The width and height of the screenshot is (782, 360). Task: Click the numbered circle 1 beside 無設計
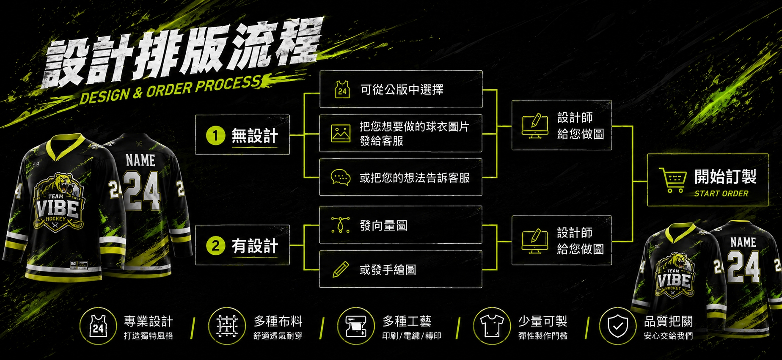pos(215,135)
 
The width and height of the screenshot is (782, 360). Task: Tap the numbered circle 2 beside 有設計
pos(215,245)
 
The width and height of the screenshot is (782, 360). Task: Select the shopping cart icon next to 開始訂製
pos(672,180)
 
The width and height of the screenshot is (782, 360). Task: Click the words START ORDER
pos(721,193)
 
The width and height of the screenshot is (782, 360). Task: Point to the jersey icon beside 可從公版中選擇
pos(342,89)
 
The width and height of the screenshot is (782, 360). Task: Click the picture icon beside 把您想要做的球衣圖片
pos(341,133)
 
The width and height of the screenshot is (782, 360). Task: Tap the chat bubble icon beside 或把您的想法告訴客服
pos(341,178)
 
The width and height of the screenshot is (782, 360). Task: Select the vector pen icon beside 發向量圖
pos(341,225)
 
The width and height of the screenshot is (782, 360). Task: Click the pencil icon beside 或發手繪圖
pos(341,269)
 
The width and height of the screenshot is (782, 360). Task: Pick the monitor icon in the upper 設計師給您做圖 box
pos(535,126)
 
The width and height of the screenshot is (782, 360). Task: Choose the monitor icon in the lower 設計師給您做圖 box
pos(535,241)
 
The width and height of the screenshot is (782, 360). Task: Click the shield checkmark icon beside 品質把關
pos(618,326)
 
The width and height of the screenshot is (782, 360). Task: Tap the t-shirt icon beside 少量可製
pos(492,326)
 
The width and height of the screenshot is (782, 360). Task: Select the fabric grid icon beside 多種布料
pos(227,326)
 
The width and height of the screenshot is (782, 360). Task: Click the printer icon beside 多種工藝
pos(356,326)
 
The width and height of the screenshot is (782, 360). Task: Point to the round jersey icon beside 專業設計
pos(98,326)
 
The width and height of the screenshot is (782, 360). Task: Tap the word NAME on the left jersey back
pos(140,160)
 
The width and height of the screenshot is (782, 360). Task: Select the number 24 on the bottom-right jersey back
pos(744,267)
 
